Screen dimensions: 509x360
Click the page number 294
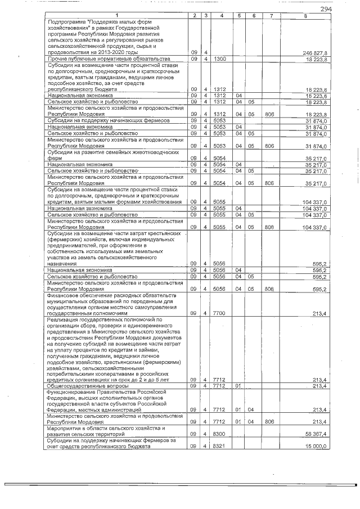point(325,9)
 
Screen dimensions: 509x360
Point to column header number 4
point(222,15)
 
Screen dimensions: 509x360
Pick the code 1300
point(220,58)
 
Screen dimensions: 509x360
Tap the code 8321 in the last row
point(220,447)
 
